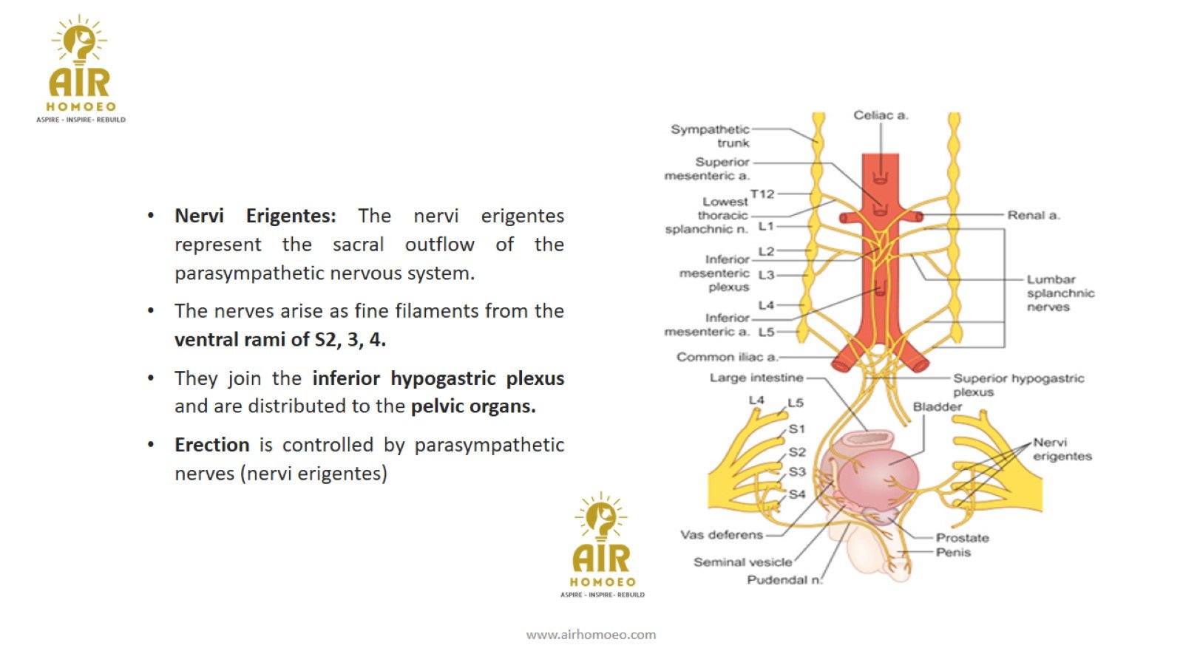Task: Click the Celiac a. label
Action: click(x=881, y=115)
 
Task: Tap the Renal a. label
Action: click(x=1033, y=215)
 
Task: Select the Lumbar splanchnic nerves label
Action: click(x=1060, y=293)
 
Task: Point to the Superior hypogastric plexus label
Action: click(x=1017, y=384)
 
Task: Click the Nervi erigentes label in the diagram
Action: click(x=1062, y=449)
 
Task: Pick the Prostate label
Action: click(x=962, y=538)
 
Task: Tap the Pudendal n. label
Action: click(x=784, y=580)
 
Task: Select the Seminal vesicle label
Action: click(x=742, y=562)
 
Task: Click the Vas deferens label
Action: click(x=721, y=535)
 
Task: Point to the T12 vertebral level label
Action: click(x=762, y=194)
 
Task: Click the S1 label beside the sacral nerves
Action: click(x=796, y=429)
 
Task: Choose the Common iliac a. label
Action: click(x=727, y=357)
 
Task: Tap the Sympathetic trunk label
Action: click(x=711, y=136)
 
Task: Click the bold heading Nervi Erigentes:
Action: click(x=255, y=216)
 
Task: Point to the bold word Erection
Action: click(x=211, y=445)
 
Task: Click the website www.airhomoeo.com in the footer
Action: click(x=591, y=634)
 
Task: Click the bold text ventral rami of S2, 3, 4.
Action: click(x=280, y=340)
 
